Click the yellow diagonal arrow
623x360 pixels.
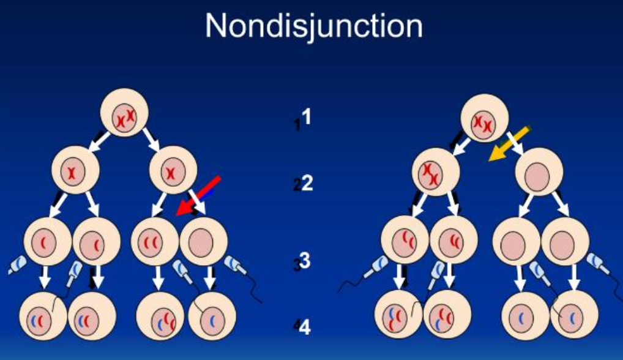509,144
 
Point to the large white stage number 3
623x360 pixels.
306,261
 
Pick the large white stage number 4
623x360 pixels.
305,328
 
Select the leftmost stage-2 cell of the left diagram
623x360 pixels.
75,171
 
